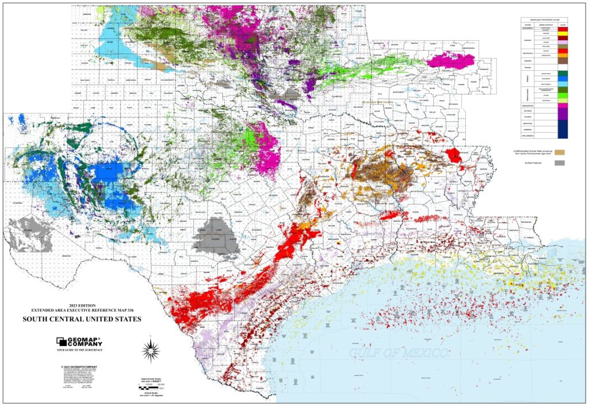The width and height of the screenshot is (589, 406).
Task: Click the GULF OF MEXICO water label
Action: [392, 352]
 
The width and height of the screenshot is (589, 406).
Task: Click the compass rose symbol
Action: [151, 348]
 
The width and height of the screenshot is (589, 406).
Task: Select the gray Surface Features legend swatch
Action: [560, 164]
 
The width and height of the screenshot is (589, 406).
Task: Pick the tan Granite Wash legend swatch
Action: [560, 151]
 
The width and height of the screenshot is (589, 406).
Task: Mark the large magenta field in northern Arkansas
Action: [451, 60]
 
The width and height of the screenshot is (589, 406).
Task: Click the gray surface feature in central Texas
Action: [215, 240]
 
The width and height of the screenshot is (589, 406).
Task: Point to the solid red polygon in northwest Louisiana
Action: [454, 154]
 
